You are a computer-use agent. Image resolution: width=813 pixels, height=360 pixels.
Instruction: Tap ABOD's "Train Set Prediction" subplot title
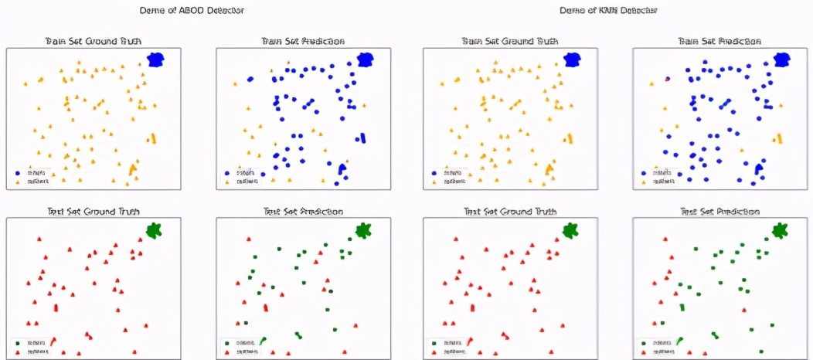(303, 41)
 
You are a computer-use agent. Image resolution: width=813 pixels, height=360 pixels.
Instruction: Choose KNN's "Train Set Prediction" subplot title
(720, 41)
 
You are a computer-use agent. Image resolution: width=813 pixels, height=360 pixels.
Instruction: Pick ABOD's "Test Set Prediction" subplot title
(303, 211)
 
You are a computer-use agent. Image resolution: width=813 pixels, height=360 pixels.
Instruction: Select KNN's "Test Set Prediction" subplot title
(720, 211)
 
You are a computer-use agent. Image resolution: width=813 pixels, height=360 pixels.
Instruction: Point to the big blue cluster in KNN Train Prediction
(783, 59)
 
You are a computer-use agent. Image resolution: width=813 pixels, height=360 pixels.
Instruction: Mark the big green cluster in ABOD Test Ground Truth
(155, 229)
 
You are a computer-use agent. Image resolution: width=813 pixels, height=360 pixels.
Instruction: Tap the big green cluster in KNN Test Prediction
(780, 229)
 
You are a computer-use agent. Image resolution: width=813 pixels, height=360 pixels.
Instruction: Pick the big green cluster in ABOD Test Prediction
(363, 229)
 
